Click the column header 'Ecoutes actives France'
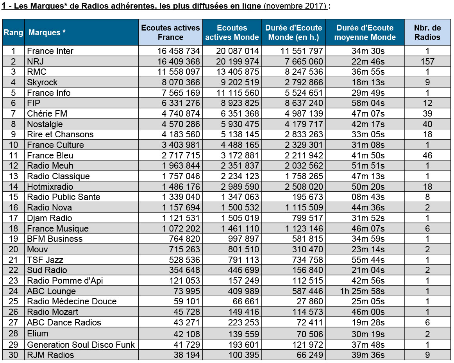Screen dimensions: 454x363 (x=170, y=32)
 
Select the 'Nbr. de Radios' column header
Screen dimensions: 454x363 (x=427, y=32)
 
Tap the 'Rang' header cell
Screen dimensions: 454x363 (x=13, y=32)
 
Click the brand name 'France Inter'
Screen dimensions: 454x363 (x=50, y=51)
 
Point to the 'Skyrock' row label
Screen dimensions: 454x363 (x=42, y=83)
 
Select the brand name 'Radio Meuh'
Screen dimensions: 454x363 (x=50, y=165)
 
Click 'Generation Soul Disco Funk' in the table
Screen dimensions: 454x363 (x=81, y=345)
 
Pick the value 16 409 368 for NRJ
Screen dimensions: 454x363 (x=179, y=61)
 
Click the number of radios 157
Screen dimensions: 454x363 (x=427, y=61)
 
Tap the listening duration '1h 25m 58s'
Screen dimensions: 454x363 (x=362, y=291)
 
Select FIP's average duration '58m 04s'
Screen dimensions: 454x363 (x=368, y=103)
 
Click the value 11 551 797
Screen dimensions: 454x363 (x=301, y=51)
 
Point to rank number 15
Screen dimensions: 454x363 (x=13, y=197)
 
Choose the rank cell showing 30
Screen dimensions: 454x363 (x=13, y=355)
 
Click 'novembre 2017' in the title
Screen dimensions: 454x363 (x=295, y=6)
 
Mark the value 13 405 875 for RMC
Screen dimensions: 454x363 (x=238, y=72)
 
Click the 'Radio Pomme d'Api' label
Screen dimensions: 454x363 (x=65, y=280)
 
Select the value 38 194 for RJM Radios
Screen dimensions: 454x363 (x=187, y=355)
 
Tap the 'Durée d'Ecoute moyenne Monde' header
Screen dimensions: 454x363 (x=365, y=32)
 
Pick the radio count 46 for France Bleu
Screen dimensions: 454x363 (x=427, y=155)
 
